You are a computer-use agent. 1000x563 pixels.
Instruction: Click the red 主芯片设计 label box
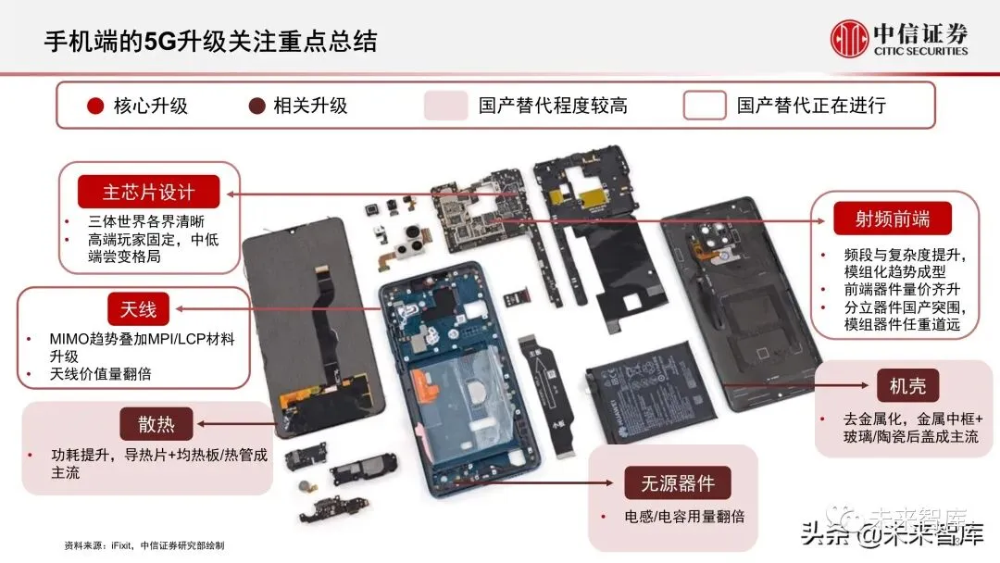pos(148,192)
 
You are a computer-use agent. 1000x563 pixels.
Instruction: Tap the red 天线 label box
pos(138,309)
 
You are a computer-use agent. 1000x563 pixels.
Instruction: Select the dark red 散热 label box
pos(156,424)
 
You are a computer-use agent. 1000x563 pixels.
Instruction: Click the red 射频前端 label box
pos(893,219)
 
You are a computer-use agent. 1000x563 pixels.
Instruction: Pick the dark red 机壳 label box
pos(907,386)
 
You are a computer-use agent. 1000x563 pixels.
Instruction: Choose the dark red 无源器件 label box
pos(677,483)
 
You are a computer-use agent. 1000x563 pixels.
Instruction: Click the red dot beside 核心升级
pos(95,106)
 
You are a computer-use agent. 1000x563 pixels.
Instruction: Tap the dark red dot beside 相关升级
pos(257,106)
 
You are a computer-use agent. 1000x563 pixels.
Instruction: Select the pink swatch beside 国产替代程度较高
pos(445,106)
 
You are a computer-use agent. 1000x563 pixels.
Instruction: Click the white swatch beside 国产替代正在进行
pos(704,106)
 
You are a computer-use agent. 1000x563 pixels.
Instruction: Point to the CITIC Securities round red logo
pos(849,38)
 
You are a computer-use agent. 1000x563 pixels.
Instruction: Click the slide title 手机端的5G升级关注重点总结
pos(210,42)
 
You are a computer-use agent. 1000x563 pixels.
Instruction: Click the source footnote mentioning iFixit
pos(144,545)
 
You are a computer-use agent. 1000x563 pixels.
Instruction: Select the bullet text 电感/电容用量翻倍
pos(684,517)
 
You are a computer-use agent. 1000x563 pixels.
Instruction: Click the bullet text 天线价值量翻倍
pos(101,373)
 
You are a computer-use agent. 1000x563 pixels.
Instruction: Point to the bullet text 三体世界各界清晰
pos(146,221)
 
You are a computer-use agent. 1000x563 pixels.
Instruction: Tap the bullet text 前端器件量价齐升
pos(902,290)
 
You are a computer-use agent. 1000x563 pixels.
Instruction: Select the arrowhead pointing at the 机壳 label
pos(864,385)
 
